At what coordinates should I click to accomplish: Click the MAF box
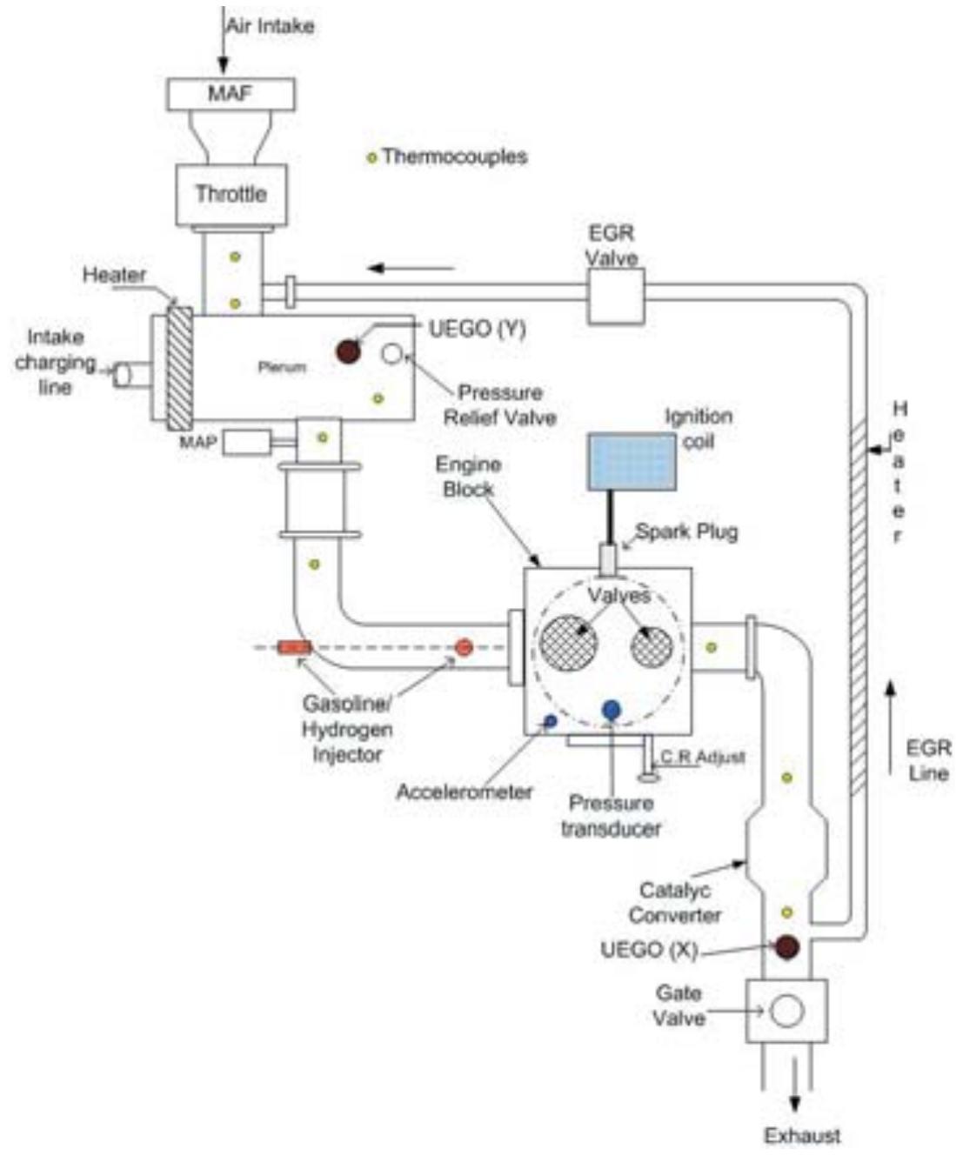230,93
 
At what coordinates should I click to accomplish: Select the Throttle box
231,194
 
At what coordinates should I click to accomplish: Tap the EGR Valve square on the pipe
615,295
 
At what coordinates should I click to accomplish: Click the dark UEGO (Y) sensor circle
348,351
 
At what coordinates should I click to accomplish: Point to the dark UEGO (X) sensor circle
786,947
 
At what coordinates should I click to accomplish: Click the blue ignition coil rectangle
632,461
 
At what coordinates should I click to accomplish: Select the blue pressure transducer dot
612,710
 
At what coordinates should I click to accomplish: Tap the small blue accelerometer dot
550,720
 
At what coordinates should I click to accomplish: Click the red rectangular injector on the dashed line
294,647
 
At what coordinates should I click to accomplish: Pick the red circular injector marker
464,647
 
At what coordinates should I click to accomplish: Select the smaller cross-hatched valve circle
652,646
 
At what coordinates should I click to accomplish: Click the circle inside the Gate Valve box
786,1011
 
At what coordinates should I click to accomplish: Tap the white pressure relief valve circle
392,352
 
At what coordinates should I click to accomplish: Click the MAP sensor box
246,443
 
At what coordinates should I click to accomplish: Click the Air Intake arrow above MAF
224,43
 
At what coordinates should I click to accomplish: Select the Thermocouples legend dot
371,158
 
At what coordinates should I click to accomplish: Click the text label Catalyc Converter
675,903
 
